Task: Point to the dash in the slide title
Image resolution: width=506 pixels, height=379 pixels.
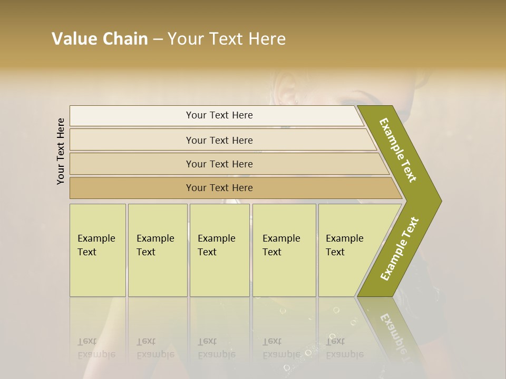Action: (158, 39)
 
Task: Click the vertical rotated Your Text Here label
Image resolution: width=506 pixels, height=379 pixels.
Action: (61, 151)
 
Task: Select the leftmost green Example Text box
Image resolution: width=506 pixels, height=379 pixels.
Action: (98, 250)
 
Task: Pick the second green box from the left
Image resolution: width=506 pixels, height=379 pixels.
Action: (158, 250)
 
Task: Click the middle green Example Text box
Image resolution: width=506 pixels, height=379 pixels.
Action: (219, 250)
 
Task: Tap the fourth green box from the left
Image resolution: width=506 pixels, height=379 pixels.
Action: (284, 250)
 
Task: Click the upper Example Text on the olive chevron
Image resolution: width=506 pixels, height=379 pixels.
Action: (398, 150)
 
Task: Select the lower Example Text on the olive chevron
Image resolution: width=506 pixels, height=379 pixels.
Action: (400, 248)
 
